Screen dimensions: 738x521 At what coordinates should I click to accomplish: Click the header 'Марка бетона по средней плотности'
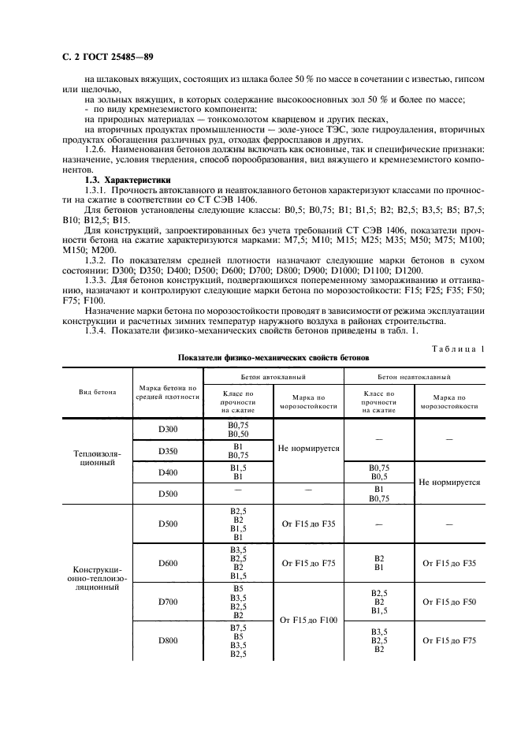click(167, 392)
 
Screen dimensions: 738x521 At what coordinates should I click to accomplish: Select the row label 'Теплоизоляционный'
click(96, 460)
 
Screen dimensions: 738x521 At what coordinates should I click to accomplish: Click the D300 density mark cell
click(167, 430)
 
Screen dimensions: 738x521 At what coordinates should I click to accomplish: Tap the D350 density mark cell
click(167, 451)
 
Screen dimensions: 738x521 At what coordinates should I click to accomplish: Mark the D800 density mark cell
click(167, 640)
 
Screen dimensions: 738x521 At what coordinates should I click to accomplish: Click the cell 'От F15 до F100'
click(308, 621)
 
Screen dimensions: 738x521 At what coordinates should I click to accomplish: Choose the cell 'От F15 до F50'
click(449, 602)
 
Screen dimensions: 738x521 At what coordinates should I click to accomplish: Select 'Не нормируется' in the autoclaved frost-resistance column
click(308, 448)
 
